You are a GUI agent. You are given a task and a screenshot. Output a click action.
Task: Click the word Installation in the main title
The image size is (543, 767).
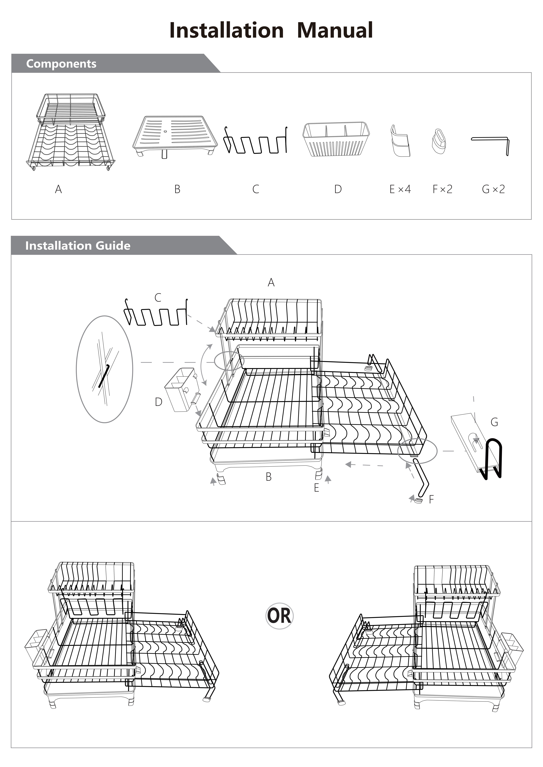coord(227,30)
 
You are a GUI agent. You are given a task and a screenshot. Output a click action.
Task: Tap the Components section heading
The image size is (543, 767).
coord(61,63)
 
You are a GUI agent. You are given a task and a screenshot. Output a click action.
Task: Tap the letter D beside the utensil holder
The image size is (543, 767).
coord(158,402)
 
